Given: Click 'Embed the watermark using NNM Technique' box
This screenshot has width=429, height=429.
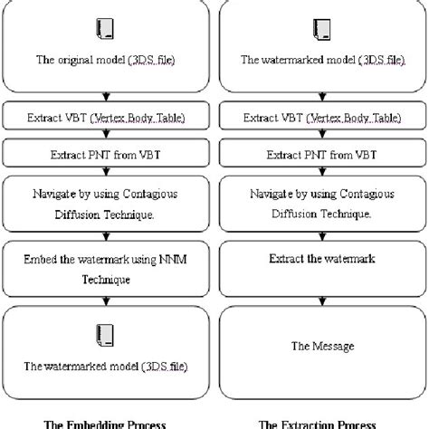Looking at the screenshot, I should click(107, 268).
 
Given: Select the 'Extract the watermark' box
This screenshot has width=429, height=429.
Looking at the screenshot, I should click(319, 259).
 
